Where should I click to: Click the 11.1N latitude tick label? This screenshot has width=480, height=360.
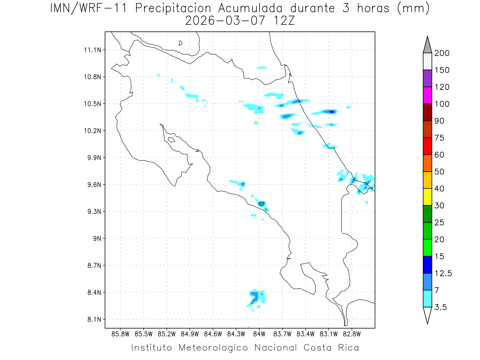(x=93, y=50)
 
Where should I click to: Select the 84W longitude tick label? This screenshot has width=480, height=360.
(x=259, y=334)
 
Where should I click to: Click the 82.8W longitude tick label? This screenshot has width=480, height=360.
(x=352, y=334)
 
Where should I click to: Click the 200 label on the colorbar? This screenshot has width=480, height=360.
(x=442, y=53)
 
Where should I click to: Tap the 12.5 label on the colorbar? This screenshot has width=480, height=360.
(x=443, y=273)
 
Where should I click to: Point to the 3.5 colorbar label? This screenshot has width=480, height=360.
(x=441, y=307)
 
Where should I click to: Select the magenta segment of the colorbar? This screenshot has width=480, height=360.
(x=427, y=95)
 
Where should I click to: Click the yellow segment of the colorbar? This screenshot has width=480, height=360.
(x=427, y=197)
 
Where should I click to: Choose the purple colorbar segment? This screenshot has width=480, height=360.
(x=427, y=78)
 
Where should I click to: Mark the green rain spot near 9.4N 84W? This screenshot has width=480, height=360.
(x=261, y=204)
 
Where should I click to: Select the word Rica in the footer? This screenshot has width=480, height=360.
(x=348, y=348)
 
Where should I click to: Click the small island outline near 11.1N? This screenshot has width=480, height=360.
(x=181, y=43)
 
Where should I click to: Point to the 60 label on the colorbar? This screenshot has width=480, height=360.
(x=439, y=155)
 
